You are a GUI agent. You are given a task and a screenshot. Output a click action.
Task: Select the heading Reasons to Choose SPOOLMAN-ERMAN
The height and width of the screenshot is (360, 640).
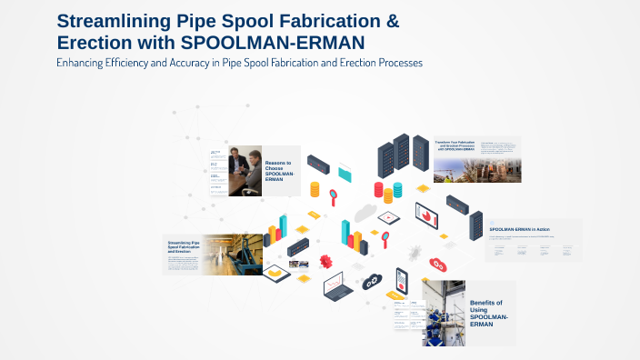(x=280, y=171)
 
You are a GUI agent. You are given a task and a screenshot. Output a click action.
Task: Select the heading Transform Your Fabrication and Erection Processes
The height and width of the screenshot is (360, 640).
(x=455, y=146)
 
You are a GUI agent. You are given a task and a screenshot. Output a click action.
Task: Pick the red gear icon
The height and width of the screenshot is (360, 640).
(x=437, y=265)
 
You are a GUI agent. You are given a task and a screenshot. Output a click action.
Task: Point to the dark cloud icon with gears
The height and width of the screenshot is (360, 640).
(x=373, y=282)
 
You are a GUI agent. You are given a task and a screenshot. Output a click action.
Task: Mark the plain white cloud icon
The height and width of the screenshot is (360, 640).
(x=365, y=213)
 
